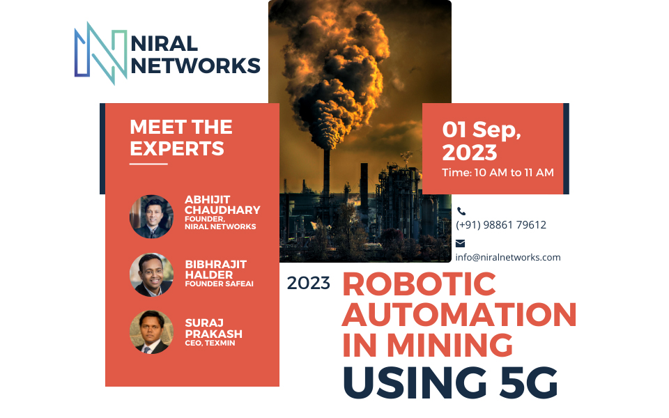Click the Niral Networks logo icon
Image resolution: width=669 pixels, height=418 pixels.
tap(100, 53)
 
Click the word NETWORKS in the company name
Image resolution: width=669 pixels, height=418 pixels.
tap(196, 65)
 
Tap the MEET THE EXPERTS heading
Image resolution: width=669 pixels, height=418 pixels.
tap(180, 137)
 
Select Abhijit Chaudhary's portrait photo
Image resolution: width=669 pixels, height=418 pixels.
tap(151, 216)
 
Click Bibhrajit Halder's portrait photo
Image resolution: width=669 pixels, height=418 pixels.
tap(151, 274)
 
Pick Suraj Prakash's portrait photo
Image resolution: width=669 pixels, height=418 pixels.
tap(151, 332)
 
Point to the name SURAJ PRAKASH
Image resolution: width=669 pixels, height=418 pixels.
tap(213, 329)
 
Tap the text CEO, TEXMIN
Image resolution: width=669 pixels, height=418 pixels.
tap(210, 343)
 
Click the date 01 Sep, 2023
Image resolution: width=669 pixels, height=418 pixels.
tap(482, 140)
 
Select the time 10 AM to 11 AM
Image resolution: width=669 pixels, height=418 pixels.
tap(498, 172)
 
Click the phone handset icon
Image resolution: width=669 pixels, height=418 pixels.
tap(461, 211)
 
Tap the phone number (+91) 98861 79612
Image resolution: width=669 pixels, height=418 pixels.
tap(500, 225)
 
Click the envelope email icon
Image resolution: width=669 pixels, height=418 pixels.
tap(461, 243)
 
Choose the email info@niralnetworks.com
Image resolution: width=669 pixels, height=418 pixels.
tap(508, 257)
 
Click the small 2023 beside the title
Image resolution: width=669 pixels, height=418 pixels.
tap(308, 284)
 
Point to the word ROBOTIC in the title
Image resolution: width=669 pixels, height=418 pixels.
tap(419, 284)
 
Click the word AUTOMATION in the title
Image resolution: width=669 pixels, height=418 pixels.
tap(459, 314)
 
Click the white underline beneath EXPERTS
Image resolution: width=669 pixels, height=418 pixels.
tap(148, 164)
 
